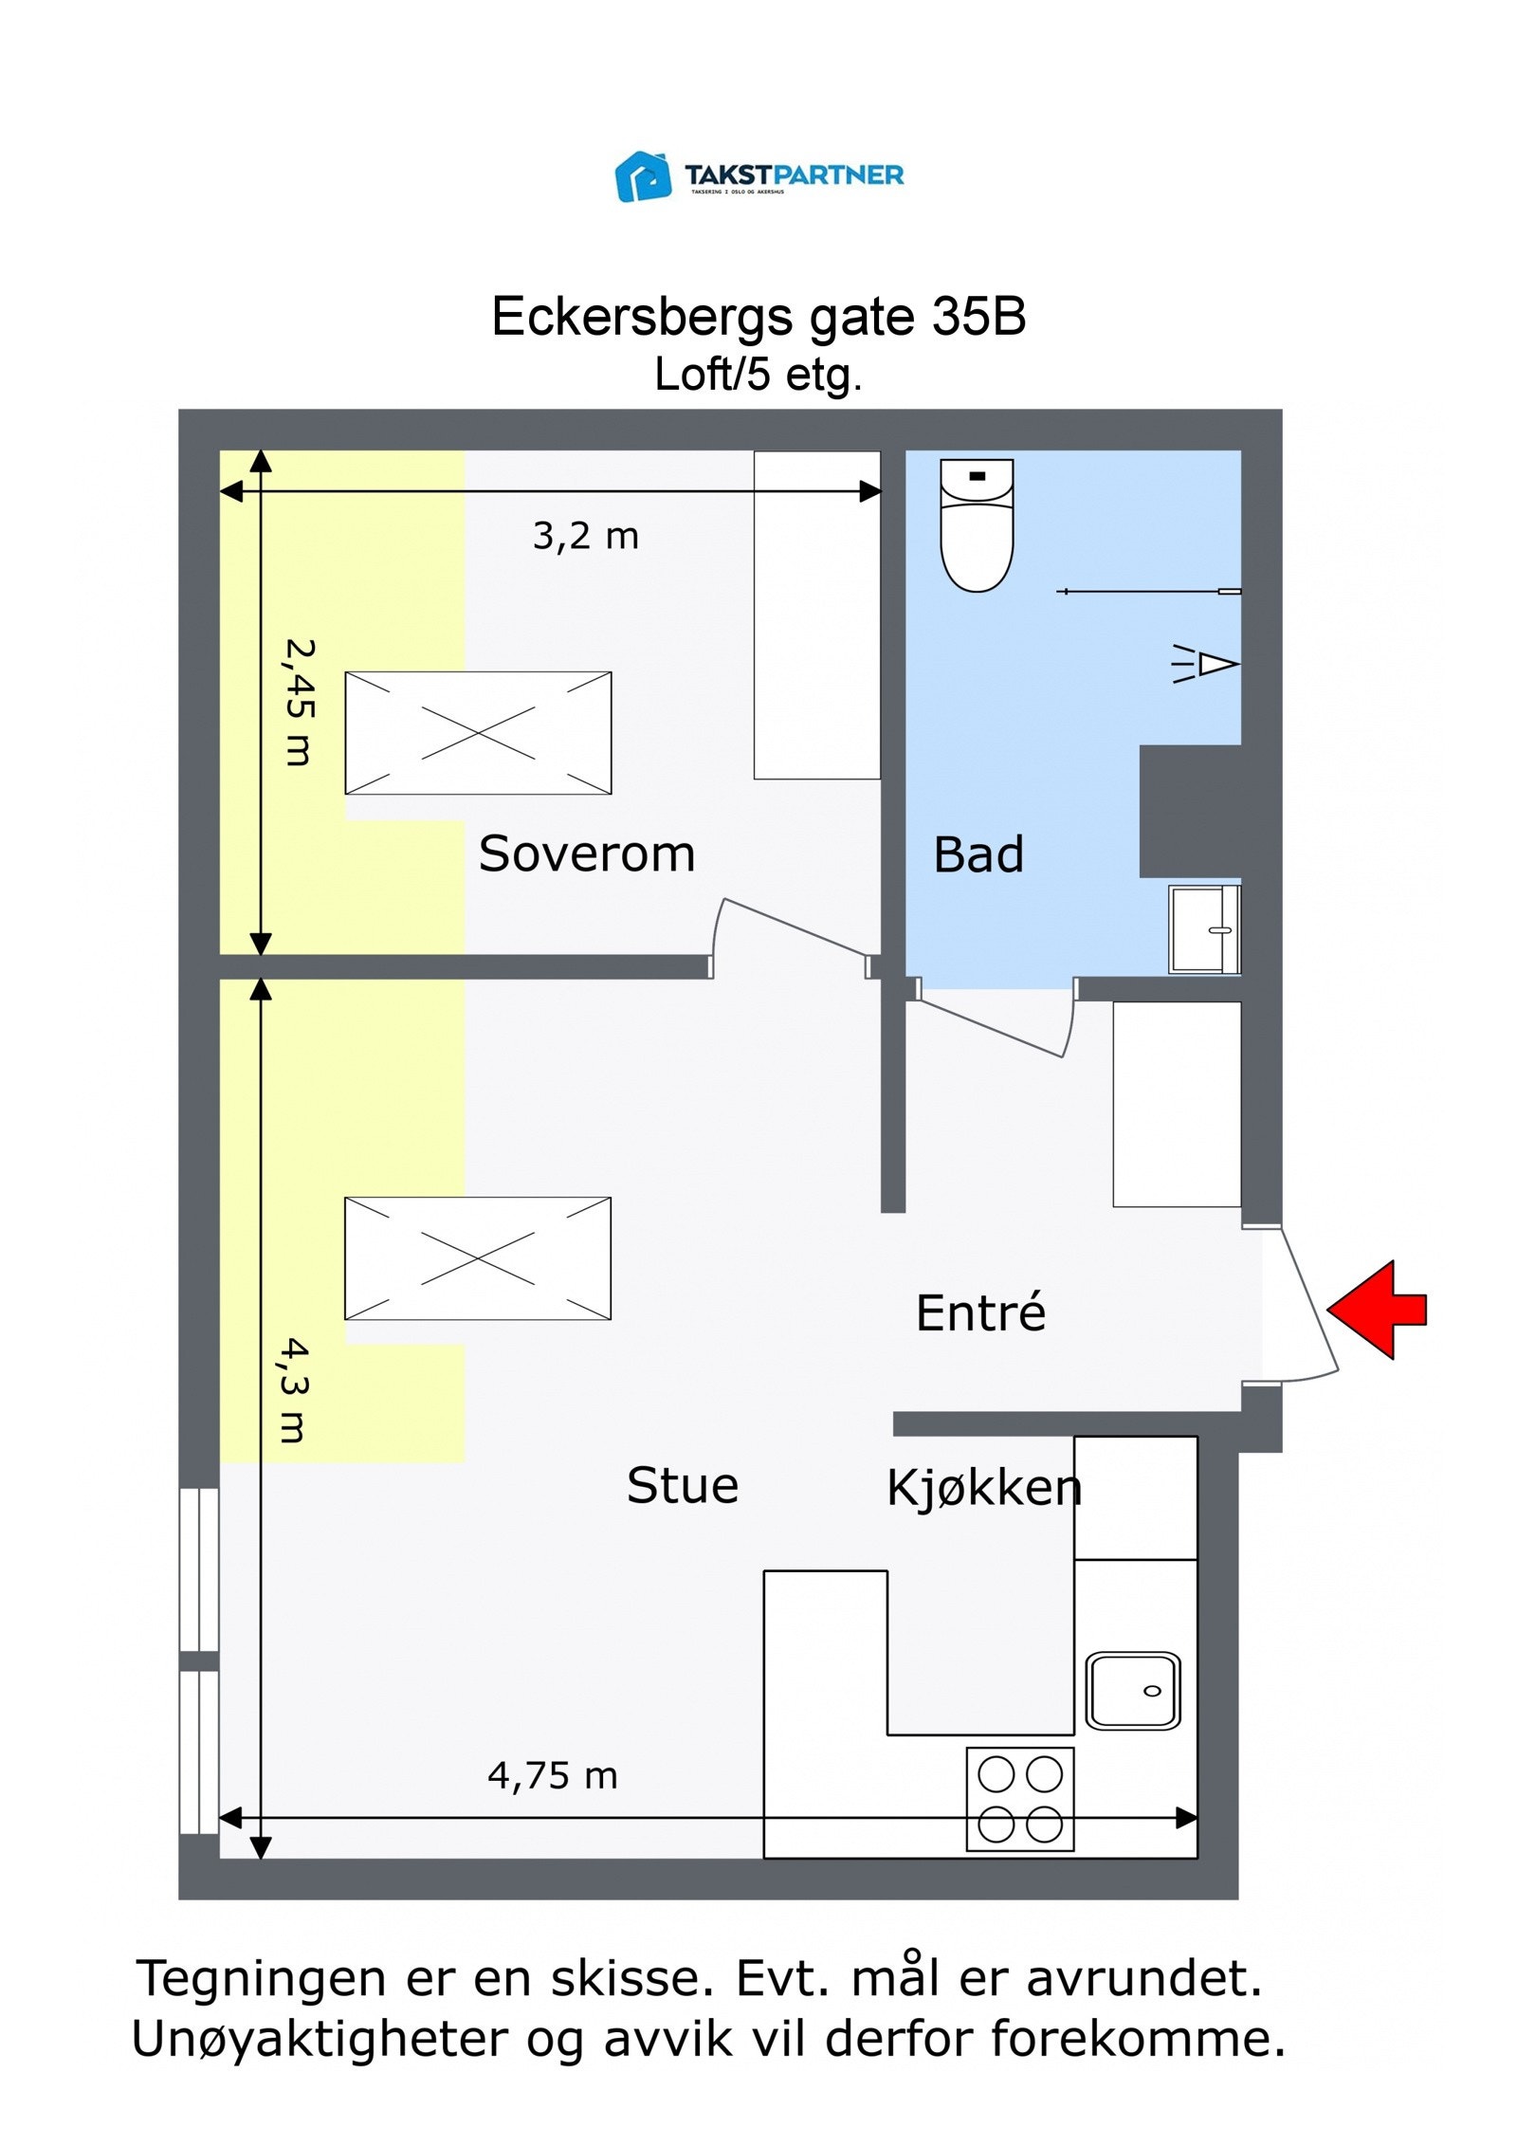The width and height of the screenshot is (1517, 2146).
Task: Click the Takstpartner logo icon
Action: coord(642,176)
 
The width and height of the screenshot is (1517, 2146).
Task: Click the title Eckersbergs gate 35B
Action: coord(758,316)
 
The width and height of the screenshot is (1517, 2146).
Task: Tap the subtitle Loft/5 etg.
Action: coord(758,375)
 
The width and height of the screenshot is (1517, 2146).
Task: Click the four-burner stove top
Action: coord(1019,1799)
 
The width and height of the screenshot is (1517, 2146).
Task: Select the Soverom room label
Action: coord(586,853)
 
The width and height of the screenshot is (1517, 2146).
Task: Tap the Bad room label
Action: coord(978,854)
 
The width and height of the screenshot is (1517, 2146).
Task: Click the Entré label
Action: coord(979,1313)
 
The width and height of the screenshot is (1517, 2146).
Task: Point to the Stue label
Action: coord(682,1486)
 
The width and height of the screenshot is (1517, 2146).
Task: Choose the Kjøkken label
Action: coord(983,1488)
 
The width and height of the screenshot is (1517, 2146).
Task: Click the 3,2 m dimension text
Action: coord(585,537)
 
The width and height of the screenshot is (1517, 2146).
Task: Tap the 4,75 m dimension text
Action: coord(552,1776)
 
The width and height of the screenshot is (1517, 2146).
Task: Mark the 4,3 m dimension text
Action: coord(294,1390)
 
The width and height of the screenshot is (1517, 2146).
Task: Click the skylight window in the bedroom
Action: coord(477,733)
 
